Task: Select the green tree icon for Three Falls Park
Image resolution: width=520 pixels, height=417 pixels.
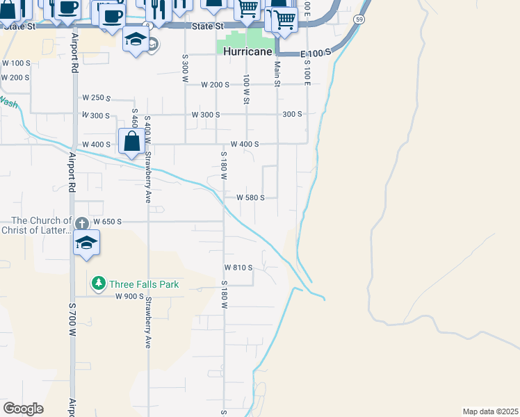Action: point(98,284)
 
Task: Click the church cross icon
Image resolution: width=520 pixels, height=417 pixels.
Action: point(81,223)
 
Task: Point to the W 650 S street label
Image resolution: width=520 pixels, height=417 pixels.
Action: point(107,222)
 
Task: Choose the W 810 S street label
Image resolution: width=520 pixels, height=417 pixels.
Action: point(238,268)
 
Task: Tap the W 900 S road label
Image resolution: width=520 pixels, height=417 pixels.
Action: point(129,297)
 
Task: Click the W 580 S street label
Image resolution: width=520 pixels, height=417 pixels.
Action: point(251,197)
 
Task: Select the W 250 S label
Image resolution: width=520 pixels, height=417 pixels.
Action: point(97,98)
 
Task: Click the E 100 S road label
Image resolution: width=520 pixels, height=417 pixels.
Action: point(314,54)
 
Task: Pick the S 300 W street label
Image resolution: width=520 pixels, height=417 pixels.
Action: point(185,69)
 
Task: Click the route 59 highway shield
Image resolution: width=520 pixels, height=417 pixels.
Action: point(358,20)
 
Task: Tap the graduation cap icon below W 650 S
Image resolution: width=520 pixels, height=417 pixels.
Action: point(87,243)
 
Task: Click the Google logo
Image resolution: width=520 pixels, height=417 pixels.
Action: point(23,409)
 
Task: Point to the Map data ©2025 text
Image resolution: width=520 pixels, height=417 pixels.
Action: point(490,411)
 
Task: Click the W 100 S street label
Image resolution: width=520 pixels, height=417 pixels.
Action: point(17,63)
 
